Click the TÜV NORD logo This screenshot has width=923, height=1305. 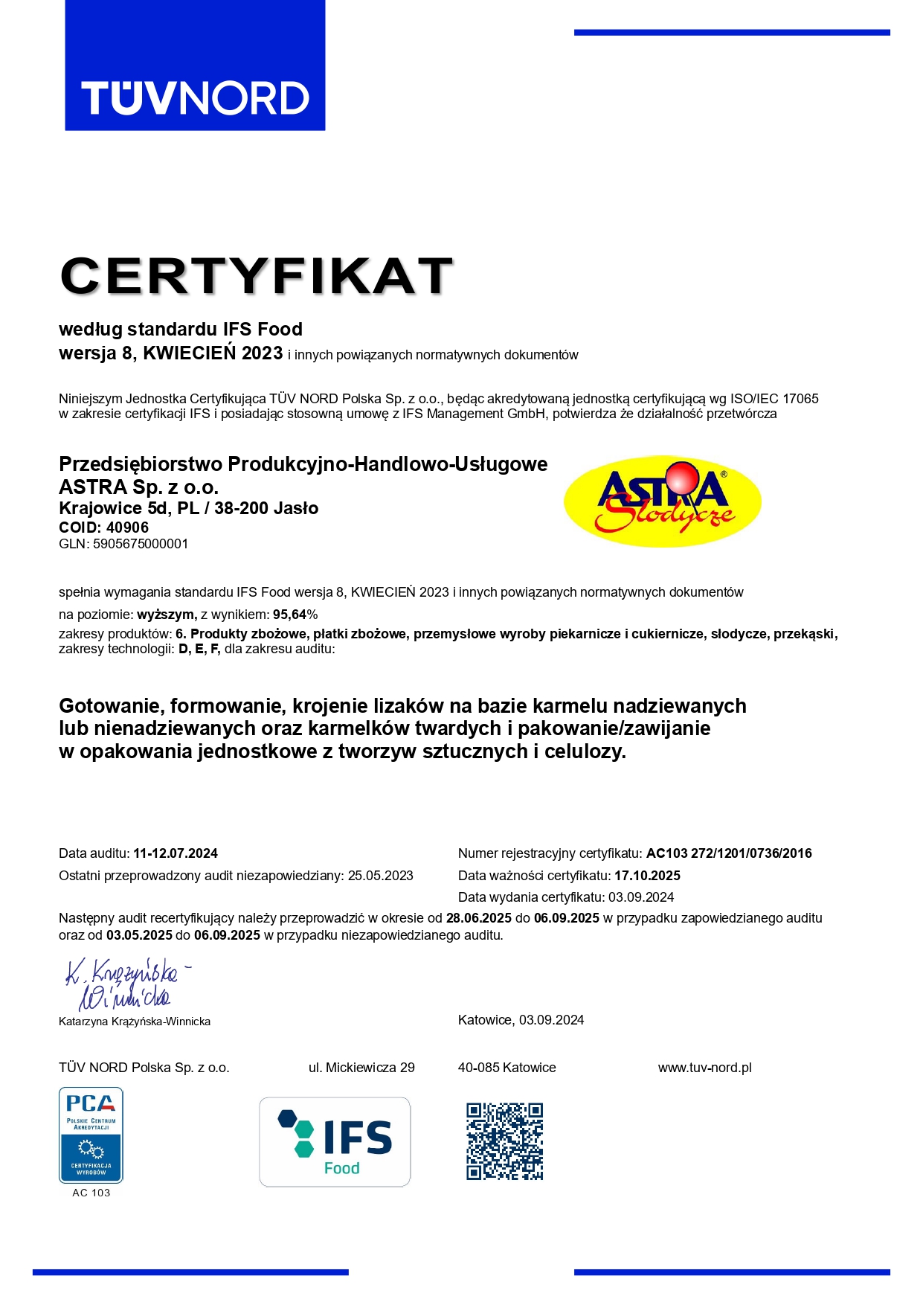point(195,65)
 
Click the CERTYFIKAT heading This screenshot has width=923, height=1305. point(257,276)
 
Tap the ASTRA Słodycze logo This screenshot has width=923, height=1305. point(663,501)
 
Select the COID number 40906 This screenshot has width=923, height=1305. point(127,528)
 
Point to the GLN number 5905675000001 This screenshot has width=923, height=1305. point(141,544)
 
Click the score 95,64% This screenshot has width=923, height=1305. point(295,615)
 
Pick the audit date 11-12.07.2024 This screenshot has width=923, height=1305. point(176,853)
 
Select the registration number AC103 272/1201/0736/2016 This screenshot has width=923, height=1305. point(729,853)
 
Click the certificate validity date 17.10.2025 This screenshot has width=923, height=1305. point(647,876)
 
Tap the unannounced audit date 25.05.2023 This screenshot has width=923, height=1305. point(380,876)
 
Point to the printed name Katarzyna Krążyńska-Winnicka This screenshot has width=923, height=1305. point(135,1022)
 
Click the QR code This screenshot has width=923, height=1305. point(505,1141)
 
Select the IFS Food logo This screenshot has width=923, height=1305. point(335,1141)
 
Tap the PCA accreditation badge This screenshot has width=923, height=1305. point(91,1135)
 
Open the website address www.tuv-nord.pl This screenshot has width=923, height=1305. point(704,1068)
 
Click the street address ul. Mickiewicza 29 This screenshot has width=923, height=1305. point(361,1068)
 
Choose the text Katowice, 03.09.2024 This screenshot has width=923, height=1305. point(521,1020)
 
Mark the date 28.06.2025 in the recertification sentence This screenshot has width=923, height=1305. point(478,918)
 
